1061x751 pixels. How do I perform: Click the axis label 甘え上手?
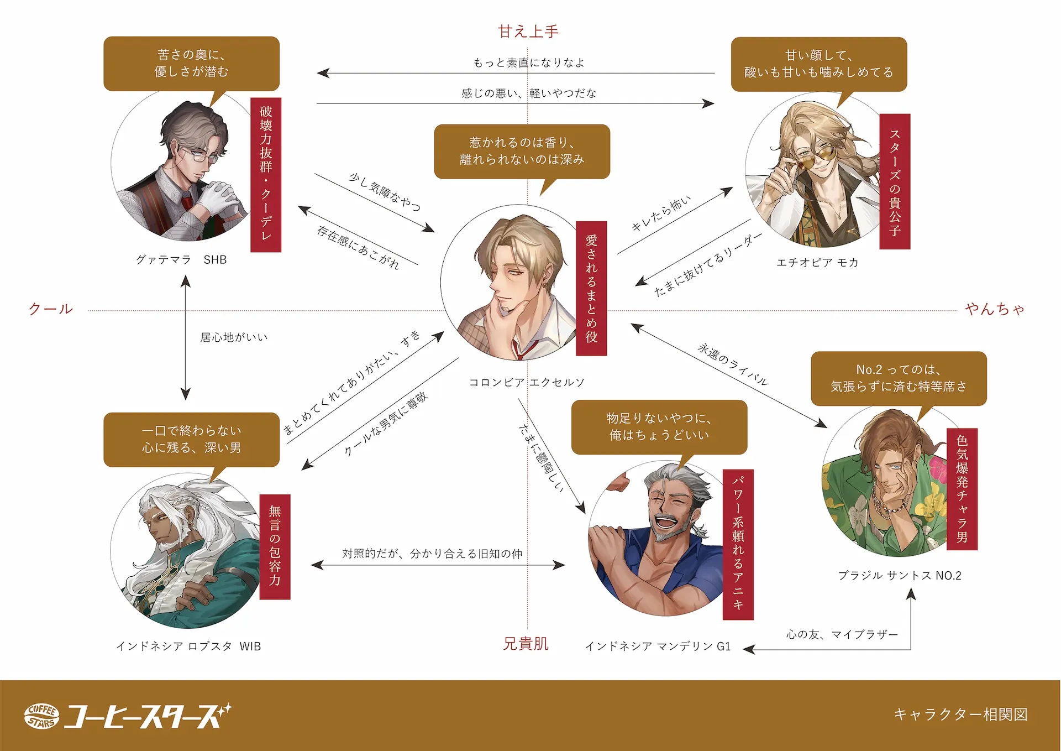(x=528, y=32)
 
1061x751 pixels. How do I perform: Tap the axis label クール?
(x=51, y=309)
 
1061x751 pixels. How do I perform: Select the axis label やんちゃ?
(x=994, y=309)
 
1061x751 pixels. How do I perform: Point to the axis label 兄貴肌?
(x=526, y=644)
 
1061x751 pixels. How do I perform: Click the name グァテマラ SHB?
(x=181, y=259)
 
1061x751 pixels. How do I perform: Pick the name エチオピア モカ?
(x=817, y=262)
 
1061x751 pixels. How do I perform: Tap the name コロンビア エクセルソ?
(x=526, y=382)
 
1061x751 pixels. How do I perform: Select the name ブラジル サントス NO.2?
(x=900, y=576)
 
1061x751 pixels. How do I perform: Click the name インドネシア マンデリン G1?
(x=658, y=646)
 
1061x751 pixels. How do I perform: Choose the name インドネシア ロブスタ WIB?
(x=188, y=646)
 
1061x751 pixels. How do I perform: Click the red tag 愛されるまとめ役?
(x=591, y=288)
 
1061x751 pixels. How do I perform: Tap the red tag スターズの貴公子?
(x=895, y=181)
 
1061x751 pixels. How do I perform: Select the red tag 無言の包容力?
(x=275, y=546)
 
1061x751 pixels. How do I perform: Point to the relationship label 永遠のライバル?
(x=733, y=364)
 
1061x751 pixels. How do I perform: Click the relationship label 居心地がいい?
(x=234, y=337)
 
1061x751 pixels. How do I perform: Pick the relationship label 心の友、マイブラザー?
(x=842, y=634)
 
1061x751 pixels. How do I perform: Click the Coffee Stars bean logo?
(x=42, y=716)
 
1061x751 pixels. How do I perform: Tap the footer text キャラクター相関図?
(x=960, y=715)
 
